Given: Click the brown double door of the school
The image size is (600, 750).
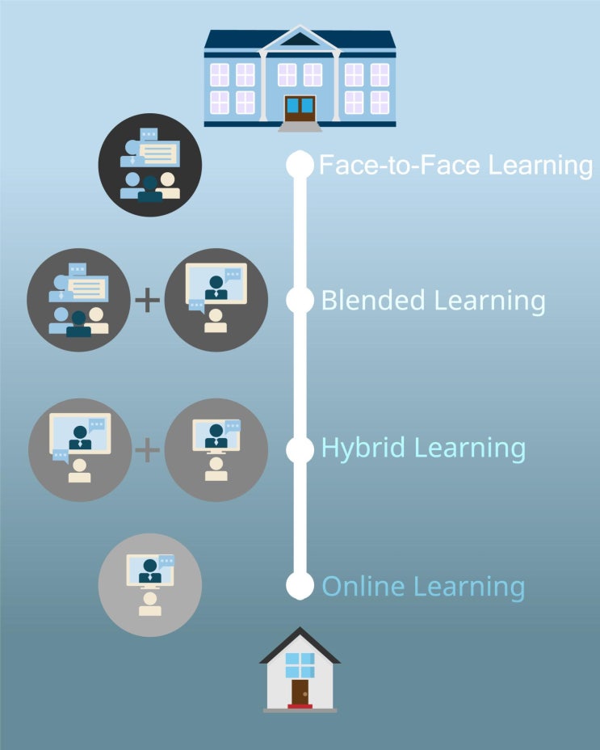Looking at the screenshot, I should [300, 109].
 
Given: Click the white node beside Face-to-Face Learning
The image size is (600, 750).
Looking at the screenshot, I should [300, 165].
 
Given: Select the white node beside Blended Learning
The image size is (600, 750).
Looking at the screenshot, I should [300, 300].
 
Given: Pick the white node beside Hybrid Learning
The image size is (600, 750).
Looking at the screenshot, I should [300, 449].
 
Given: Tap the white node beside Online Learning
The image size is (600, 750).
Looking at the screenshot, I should [300, 585].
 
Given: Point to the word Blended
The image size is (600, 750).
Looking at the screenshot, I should [372, 301].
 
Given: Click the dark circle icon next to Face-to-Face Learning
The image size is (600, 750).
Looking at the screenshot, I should [149, 167].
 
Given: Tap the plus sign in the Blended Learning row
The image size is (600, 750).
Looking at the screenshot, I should [147, 301].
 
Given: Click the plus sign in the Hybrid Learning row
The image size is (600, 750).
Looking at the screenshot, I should [147, 449].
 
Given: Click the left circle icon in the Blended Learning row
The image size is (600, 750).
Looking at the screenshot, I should [78, 300].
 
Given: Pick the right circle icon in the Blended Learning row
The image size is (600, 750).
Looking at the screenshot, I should [216, 300].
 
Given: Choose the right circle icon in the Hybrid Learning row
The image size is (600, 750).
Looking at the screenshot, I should [216, 449].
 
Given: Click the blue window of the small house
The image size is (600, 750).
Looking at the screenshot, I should [300, 665].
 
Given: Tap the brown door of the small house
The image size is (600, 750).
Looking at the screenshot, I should [300, 691].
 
